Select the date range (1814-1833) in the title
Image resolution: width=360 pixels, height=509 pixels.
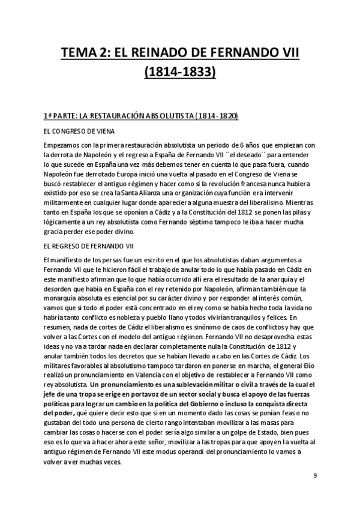click(180, 73)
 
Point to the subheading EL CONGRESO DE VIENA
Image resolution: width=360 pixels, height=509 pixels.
click(79, 130)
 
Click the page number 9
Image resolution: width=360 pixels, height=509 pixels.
click(315, 475)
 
